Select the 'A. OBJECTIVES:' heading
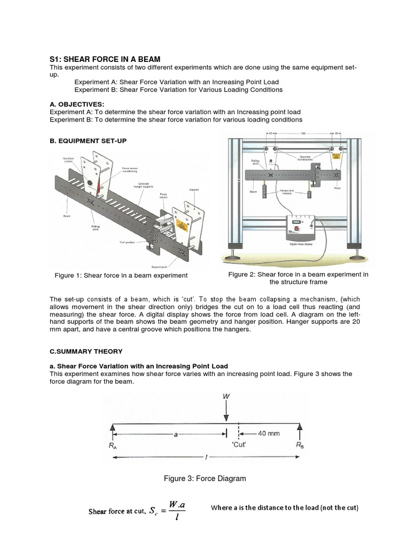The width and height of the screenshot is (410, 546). click(x=77, y=105)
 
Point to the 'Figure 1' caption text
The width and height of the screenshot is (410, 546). click(x=121, y=275)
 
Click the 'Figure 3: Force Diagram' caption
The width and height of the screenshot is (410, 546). click(x=205, y=478)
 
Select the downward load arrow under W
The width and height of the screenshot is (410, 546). click(x=227, y=412)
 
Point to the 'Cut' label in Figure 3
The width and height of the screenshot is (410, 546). click(x=240, y=445)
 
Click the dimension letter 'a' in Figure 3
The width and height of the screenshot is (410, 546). click(x=175, y=435)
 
